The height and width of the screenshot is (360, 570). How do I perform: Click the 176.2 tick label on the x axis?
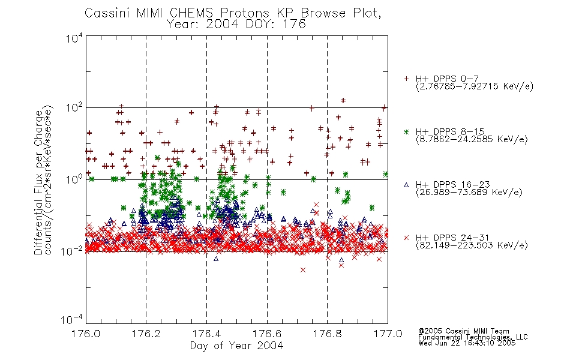(x=146, y=334)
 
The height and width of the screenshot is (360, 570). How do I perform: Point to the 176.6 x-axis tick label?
(x=267, y=334)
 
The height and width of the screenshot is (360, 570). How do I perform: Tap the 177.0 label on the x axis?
(x=388, y=334)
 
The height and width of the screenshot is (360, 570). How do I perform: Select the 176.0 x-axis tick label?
(x=86, y=334)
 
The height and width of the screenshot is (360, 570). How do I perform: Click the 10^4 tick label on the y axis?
(x=74, y=38)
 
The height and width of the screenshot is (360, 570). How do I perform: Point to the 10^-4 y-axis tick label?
(x=72, y=320)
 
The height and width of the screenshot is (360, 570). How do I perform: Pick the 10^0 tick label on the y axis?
(x=74, y=179)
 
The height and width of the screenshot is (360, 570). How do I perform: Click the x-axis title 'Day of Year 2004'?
(x=236, y=346)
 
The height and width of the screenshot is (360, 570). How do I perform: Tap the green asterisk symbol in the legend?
(x=406, y=132)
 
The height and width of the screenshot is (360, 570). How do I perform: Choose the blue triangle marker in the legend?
(x=406, y=185)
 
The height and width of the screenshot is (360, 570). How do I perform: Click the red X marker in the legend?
(x=406, y=238)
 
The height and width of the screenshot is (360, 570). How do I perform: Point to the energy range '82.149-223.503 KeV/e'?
(x=472, y=245)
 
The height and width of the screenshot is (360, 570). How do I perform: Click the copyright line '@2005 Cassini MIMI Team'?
(x=464, y=331)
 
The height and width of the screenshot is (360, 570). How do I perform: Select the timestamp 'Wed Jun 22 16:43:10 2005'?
(x=467, y=343)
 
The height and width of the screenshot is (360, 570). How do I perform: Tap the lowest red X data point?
(x=303, y=270)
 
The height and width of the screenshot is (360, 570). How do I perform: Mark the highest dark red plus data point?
(x=343, y=100)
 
